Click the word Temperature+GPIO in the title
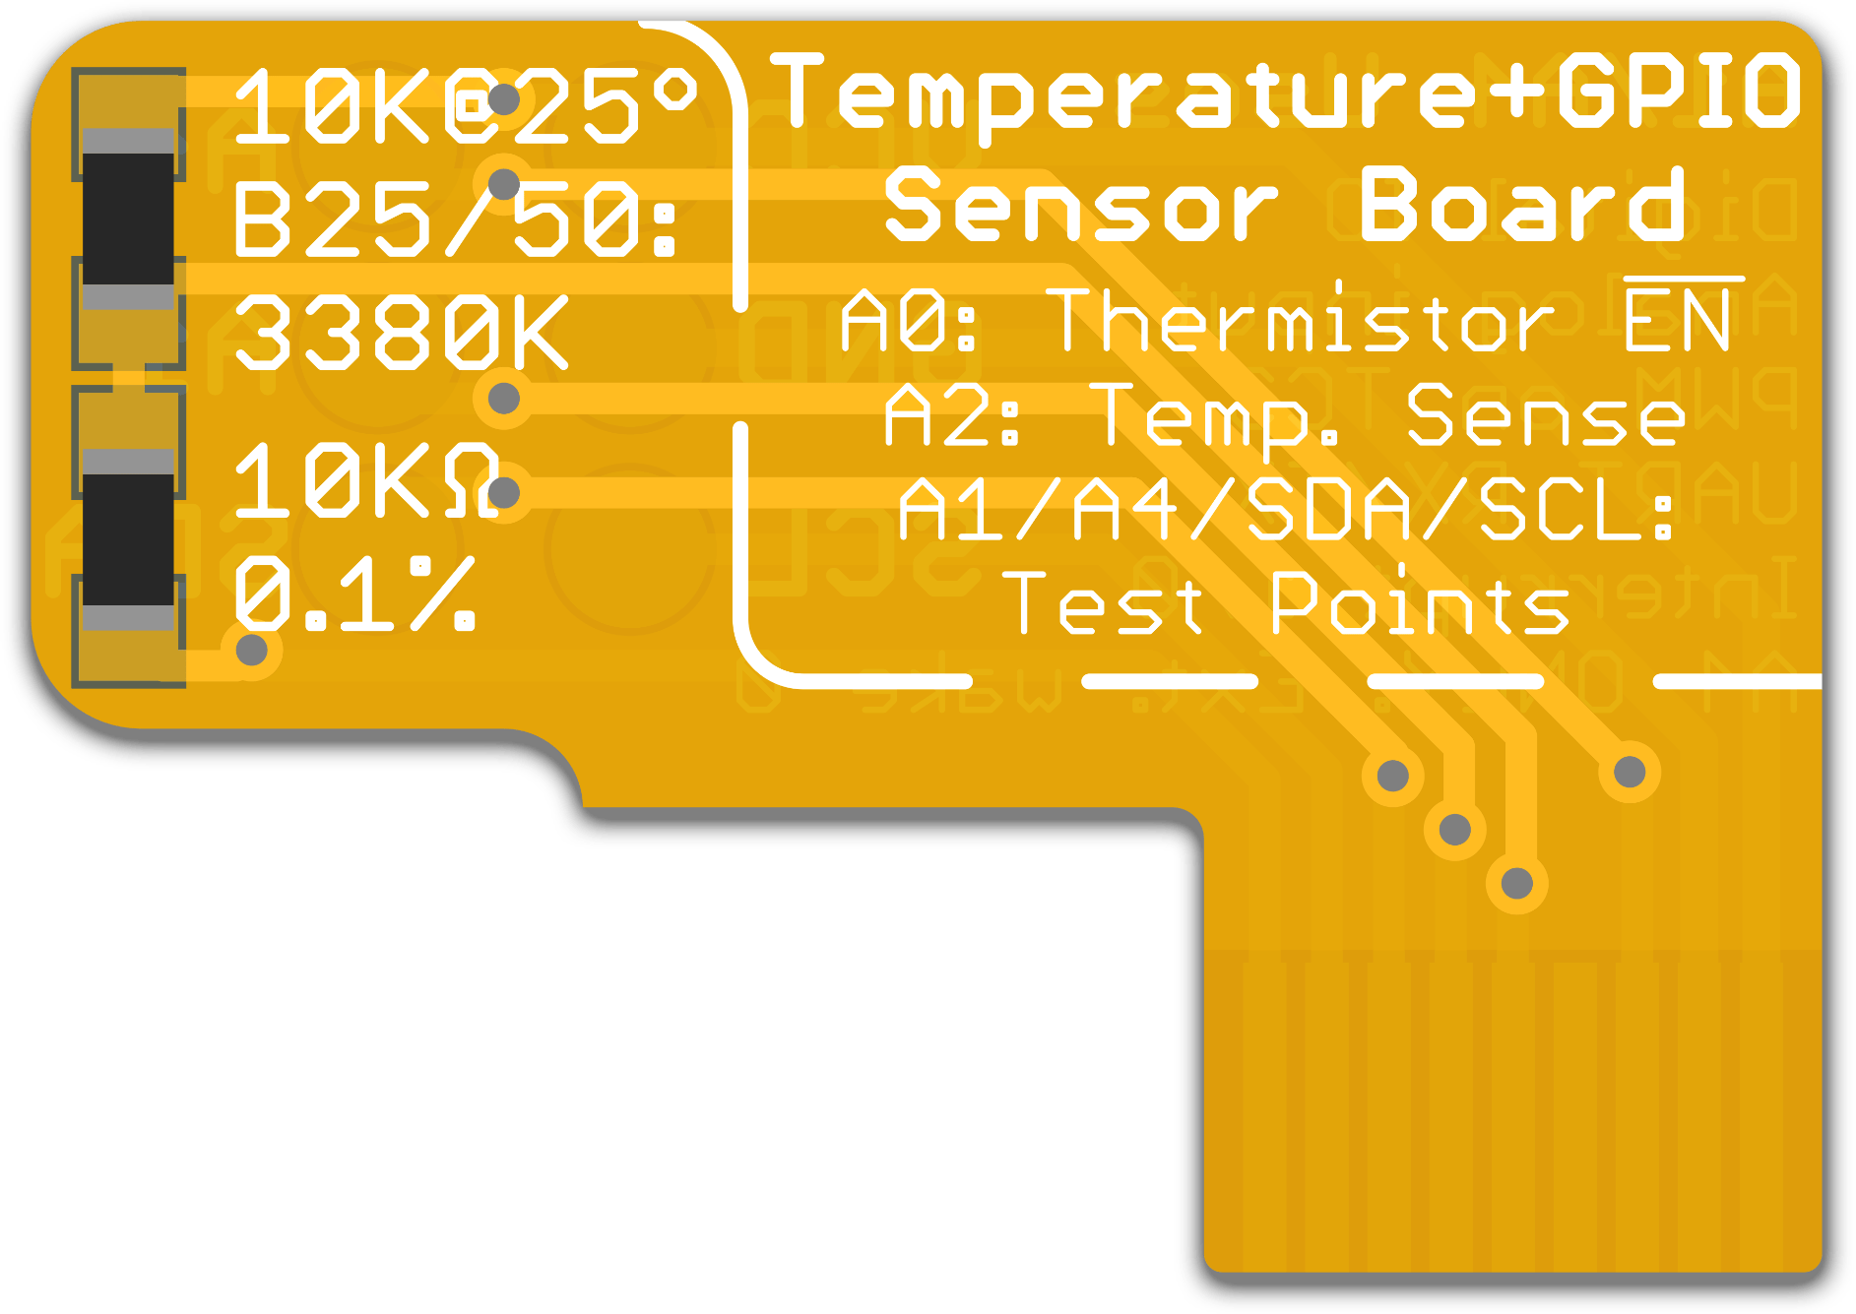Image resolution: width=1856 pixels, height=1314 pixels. (1285, 94)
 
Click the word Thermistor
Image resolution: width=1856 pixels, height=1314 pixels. (1299, 321)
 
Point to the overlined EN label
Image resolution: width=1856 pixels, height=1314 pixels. (1678, 319)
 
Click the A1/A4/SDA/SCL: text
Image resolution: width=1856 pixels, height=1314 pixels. (1287, 510)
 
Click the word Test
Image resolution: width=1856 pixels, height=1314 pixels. (1102, 604)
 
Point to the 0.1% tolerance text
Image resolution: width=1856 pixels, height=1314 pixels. (354, 594)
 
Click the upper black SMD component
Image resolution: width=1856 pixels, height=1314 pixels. (128, 219)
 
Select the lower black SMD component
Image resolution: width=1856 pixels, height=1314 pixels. (128, 539)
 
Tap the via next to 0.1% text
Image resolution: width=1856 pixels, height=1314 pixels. (252, 650)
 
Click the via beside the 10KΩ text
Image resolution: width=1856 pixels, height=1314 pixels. (504, 492)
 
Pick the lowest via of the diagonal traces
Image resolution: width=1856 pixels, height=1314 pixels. (1517, 883)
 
